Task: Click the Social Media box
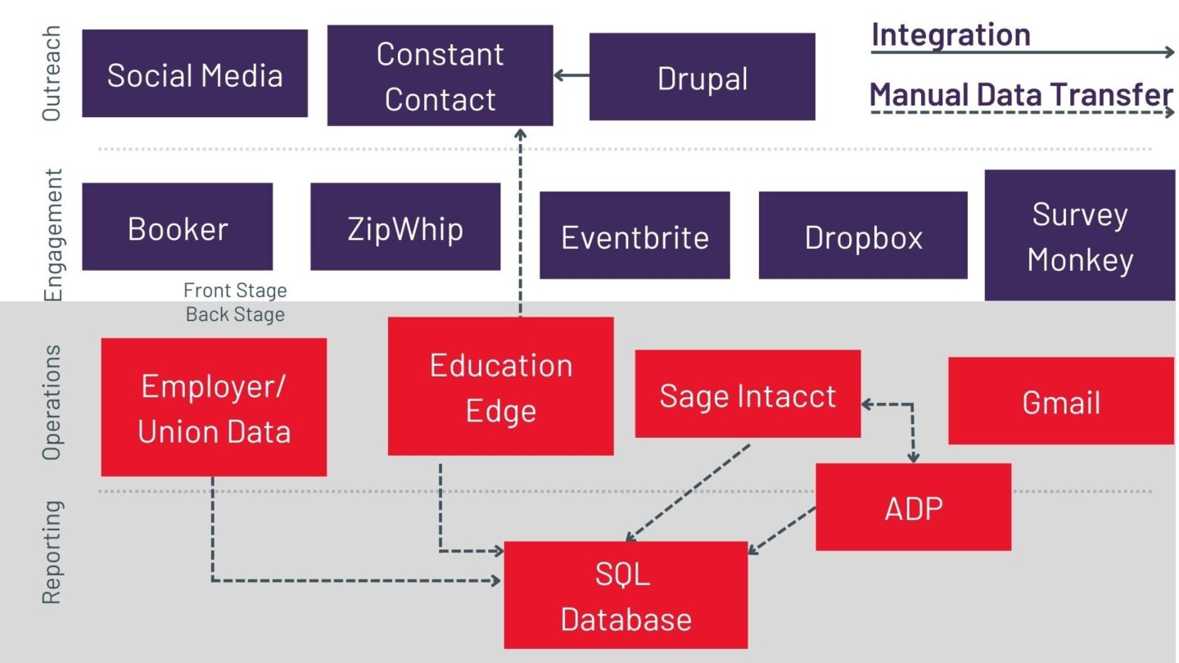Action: pos(195,74)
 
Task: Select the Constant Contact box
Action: pos(440,75)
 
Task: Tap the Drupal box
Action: pos(702,77)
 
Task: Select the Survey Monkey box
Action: pos(1079,236)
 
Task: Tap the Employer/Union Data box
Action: pos(214,407)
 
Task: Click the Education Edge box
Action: pos(500,386)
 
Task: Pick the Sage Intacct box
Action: pos(748,395)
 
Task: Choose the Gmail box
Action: pos(1060,401)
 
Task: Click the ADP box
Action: pos(913,507)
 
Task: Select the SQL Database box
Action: pos(626,595)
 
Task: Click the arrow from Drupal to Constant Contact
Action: pos(571,76)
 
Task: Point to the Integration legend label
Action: pos(951,34)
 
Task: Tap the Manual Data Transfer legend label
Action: pos(1021,94)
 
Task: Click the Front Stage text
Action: pos(235,290)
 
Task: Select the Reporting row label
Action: pos(52,552)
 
